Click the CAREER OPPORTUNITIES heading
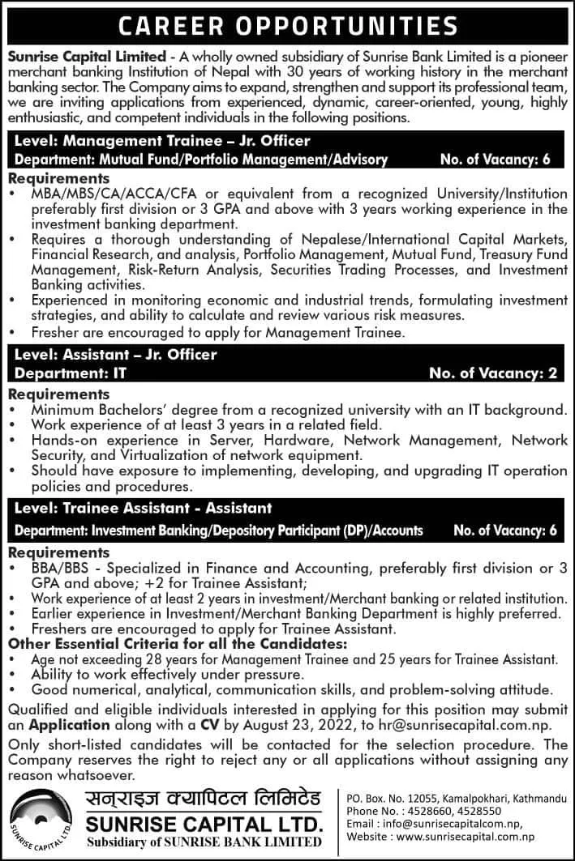[287, 26]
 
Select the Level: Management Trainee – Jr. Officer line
[162, 141]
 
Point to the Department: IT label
[71, 374]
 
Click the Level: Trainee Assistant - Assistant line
[143, 509]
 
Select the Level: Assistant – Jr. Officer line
[116, 355]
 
